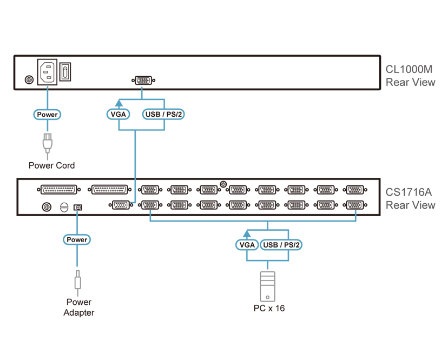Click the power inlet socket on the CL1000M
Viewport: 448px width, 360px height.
pos(47,72)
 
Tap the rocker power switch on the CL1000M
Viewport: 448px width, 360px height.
pos(65,72)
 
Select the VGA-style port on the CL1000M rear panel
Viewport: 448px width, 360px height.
pos(143,81)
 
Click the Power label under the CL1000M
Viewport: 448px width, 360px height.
pos(47,115)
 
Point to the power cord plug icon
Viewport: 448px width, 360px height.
pos(48,143)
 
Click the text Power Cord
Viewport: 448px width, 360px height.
pos(52,165)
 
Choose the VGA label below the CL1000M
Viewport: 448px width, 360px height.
pos(118,114)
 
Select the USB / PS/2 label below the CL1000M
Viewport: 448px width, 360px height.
pos(163,114)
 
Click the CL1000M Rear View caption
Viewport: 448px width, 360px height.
pos(410,76)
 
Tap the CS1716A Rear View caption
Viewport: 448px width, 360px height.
pos(410,199)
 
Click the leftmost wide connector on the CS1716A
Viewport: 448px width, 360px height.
pos(59,190)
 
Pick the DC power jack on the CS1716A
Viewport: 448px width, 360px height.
pos(78,207)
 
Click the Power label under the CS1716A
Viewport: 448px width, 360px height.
pos(77,239)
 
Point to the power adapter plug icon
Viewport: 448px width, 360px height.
pos(77,280)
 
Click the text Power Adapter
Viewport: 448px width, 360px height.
pos(79,307)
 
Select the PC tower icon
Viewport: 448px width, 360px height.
pos(267,286)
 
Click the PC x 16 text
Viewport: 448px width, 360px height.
pos(269,308)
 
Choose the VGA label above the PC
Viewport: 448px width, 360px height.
pos(247,245)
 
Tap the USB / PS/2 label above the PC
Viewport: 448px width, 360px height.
pos(281,245)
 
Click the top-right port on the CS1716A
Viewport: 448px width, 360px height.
pos(355,190)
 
